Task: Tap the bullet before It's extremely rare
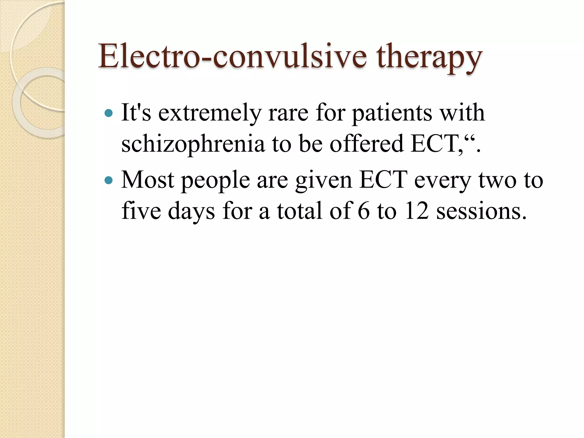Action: point(109,113)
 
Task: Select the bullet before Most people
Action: point(109,180)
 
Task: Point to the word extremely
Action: point(210,113)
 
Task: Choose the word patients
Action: point(392,113)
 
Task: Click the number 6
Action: point(364,211)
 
